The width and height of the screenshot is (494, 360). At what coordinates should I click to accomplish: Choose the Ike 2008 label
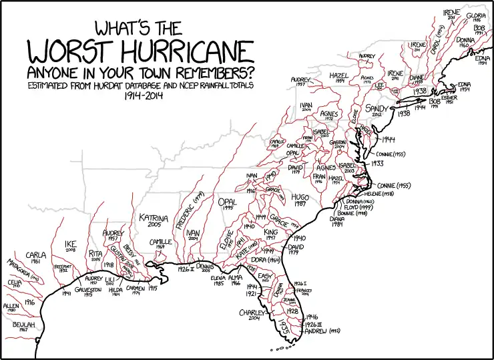pyautogui.click(x=71, y=246)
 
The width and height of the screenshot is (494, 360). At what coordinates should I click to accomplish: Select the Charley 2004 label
pyautogui.click(x=254, y=314)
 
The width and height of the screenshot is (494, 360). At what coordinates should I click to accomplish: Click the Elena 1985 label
pyautogui.click(x=217, y=279)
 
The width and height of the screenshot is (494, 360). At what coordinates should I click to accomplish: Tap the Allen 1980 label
pyautogui.click(x=11, y=307)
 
